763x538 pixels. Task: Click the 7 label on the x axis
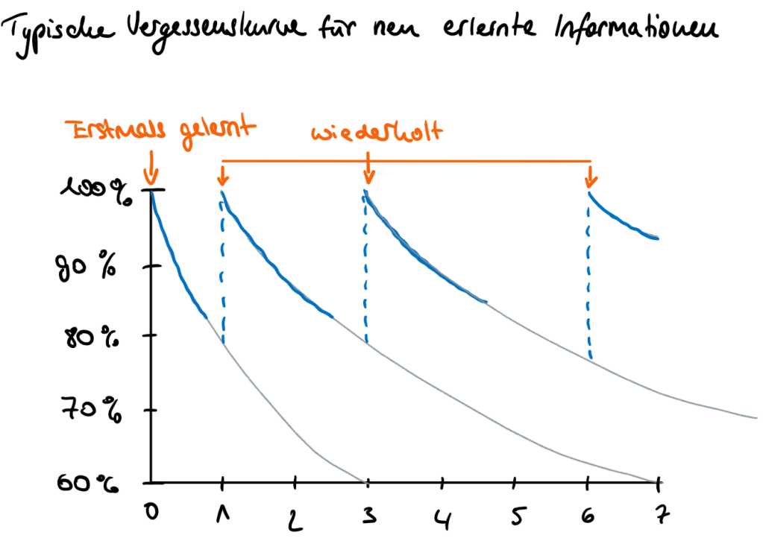(x=659, y=513)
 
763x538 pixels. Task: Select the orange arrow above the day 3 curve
(x=368, y=174)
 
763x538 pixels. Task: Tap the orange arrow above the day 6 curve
(x=591, y=177)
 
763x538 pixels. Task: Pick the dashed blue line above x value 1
(x=222, y=268)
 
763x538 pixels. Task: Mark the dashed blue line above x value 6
(x=589, y=276)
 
